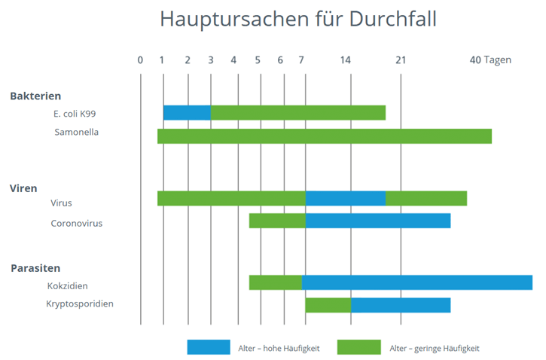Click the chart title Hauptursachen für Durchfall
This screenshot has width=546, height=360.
[298, 20]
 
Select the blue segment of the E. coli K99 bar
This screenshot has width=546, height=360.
[187, 113]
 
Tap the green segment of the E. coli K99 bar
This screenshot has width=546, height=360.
[297, 113]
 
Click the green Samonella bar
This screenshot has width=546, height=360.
[324, 136]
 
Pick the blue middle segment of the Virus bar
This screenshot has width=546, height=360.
[345, 198]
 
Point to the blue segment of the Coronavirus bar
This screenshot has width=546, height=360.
[377, 221]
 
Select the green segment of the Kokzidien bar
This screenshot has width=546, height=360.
[276, 282]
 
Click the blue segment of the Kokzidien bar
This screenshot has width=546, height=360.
[416, 282]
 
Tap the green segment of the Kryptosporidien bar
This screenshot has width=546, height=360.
[328, 305]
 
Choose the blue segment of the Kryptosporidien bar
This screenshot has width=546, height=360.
[401, 305]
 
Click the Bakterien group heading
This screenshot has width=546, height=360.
[35, 96]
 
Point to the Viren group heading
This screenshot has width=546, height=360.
[23, 188]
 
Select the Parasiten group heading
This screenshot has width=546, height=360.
[35, 268]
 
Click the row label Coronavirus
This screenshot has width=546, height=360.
[77, 223]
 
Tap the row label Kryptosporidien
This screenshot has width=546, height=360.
[80, 304]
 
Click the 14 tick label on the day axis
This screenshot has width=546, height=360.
[346, 60]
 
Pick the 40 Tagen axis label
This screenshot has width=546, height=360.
[490, 60]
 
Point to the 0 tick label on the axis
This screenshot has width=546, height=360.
[140, 60]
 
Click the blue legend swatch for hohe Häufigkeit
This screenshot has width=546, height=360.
[209, 347]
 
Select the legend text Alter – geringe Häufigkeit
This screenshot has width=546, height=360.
[435, 348]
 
